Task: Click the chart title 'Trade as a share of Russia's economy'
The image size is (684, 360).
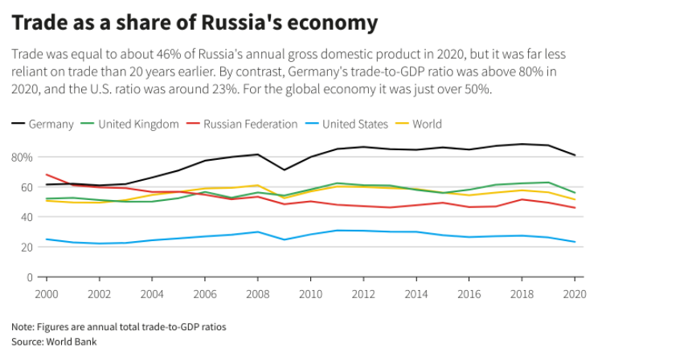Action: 194,23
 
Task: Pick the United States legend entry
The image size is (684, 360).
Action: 354,125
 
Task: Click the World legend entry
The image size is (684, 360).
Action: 426,125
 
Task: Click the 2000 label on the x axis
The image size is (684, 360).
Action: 46,294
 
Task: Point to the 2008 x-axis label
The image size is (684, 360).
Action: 258,294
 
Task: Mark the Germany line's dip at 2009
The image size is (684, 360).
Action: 283,170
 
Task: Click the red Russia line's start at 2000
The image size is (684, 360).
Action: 46,174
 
